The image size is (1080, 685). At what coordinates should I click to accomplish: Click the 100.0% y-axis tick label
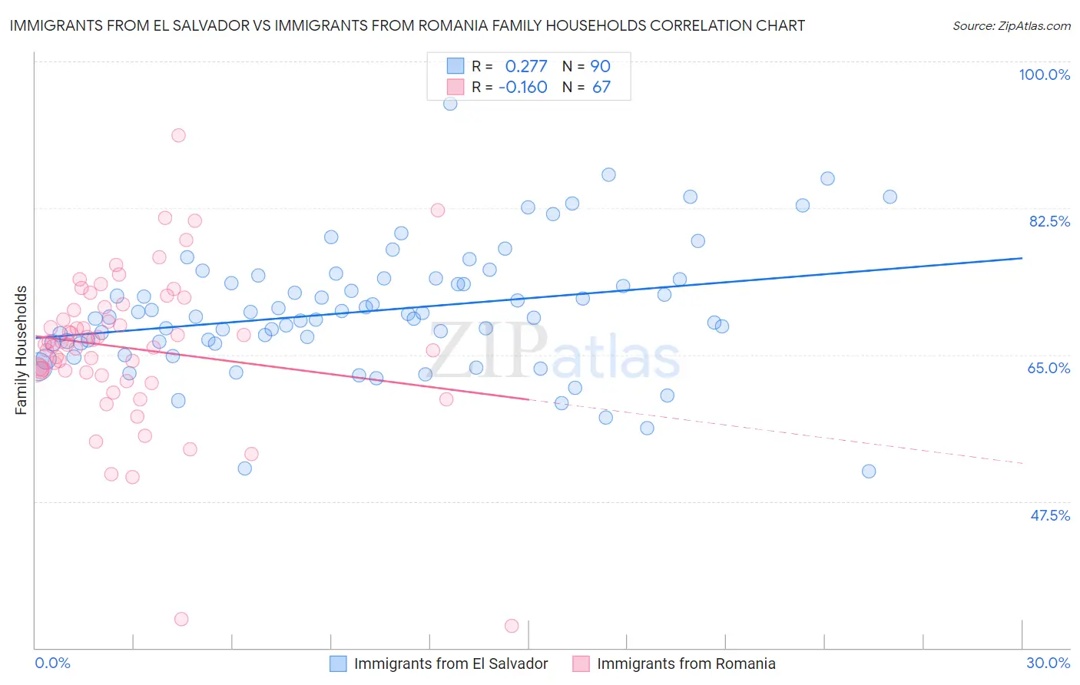[1044, 74]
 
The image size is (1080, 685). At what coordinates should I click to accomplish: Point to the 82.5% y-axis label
[1049, 221]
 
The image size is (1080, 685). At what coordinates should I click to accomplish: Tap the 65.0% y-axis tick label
[1049, 368]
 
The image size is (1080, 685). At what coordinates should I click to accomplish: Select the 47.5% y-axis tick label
[1050, 515]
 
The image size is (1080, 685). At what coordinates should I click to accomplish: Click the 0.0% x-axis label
[52, 663]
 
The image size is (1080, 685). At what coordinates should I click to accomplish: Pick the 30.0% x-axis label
[1048, 663]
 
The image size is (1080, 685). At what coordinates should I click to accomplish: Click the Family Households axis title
[21, 350]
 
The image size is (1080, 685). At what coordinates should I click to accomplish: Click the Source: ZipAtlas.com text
[1011, 25]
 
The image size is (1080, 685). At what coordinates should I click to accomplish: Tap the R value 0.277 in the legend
[526, 66]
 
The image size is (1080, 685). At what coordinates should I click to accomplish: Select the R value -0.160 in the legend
[522, 88]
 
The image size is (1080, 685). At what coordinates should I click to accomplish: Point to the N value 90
[600, 66]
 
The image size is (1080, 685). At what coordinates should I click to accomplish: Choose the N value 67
[601, 88]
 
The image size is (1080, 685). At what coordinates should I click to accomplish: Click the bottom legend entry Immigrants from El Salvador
[450, 663]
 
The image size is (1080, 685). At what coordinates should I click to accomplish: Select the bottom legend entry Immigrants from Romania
[685, 663]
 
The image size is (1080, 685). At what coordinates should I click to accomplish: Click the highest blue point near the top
[450, 104]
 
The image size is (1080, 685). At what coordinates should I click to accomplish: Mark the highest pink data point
[178, 135]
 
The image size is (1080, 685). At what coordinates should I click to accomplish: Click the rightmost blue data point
[890, 197]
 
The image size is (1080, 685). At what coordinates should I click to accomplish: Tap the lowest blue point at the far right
[869, 472]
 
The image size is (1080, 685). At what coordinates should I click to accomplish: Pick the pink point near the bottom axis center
[512, 626]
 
